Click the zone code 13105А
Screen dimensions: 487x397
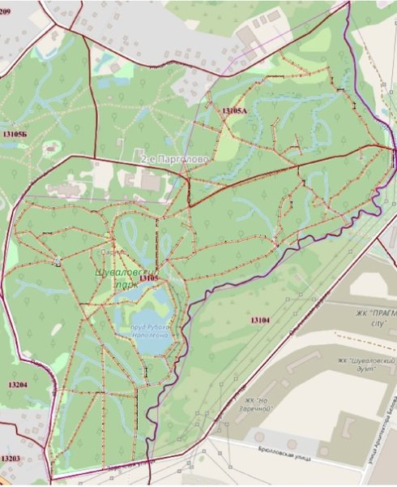click(233, 110)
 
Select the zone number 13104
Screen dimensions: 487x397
click(260, 320)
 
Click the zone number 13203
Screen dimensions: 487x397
click(11, 459)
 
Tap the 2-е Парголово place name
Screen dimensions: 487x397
click(174, 160)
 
